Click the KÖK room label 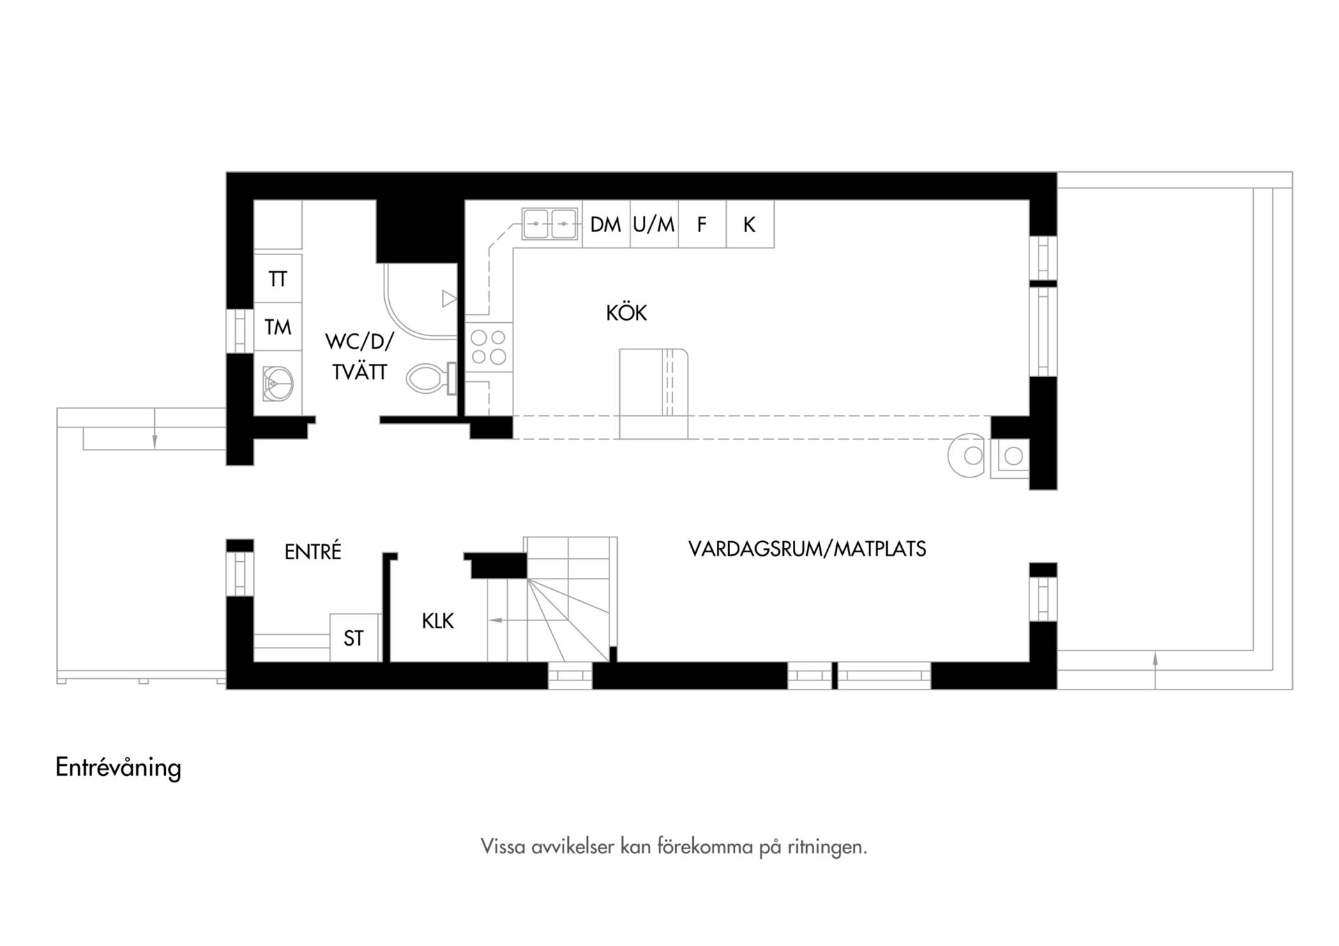(626, 313)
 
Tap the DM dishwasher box (606, 224)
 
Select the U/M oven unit (654, 224)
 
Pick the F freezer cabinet (702, 224)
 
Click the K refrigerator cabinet (750, 224)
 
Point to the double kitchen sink (550, 224)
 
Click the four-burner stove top (488, 346)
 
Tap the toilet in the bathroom (432, 379)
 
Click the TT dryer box (278, 278)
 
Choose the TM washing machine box (278, 326)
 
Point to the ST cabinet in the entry (354, 637)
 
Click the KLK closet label (438, 620)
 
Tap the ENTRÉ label (313, 551)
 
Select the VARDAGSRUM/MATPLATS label (807, 549)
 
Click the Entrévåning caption (119, 768)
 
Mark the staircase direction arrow (507, 620)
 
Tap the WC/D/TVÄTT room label (359, 357)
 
